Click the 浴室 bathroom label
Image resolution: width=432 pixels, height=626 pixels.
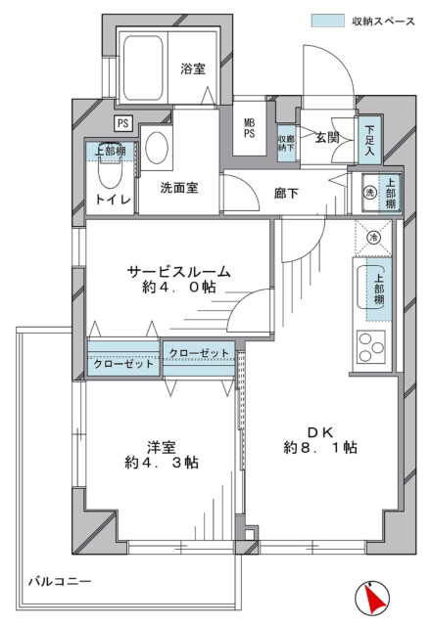point(193,68)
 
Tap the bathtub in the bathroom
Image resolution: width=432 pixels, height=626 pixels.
point(143,68)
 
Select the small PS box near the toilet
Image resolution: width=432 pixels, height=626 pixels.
point(123,123)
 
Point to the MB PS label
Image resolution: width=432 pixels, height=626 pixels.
point(249,128)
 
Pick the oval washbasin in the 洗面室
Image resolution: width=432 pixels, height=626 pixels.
point(157,148)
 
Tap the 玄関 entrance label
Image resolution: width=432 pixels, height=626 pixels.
point(327,137)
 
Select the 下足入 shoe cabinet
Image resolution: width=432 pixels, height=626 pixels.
point(369,140)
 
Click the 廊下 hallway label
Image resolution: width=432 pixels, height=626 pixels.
point(286,194)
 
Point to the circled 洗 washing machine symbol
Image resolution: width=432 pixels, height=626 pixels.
point(370,193)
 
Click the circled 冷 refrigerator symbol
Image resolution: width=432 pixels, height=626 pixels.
point(374,238)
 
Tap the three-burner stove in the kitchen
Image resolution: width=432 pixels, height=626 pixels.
point(371,346)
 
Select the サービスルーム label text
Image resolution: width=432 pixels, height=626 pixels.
point(179,272)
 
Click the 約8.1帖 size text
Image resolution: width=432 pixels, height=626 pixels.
point(320,448)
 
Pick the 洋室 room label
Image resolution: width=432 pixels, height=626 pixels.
point(162,447)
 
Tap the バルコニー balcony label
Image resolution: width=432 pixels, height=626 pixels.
point(60,581)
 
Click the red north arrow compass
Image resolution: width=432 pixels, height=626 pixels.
point(372,598)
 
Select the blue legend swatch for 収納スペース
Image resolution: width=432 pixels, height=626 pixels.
point(327,21)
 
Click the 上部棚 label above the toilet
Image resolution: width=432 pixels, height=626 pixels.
point(110,151)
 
